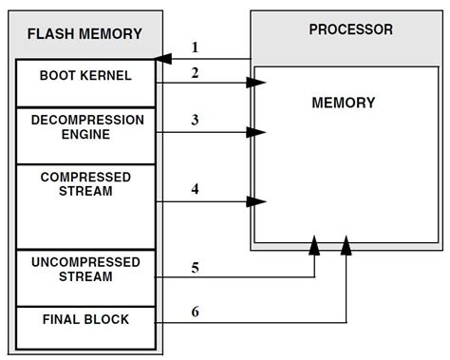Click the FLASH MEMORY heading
pos(85,35)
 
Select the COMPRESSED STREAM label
pos(85,184)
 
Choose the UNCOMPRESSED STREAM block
pos(85,270)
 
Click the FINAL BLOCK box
pos(85,320)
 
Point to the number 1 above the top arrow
pos(195,47)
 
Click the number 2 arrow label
pos(194,73)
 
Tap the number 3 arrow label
pos(194,119)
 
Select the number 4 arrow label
pos(194,188)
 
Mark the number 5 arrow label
pos(194,267)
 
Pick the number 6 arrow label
pos(194,311)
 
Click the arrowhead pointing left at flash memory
pos(163,59)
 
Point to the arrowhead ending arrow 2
pos(257,85)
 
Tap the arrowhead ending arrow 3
pos(257,132)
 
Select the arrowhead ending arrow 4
pos(257,201)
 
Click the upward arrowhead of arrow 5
pos(314,246)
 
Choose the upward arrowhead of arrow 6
pos(346,246)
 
